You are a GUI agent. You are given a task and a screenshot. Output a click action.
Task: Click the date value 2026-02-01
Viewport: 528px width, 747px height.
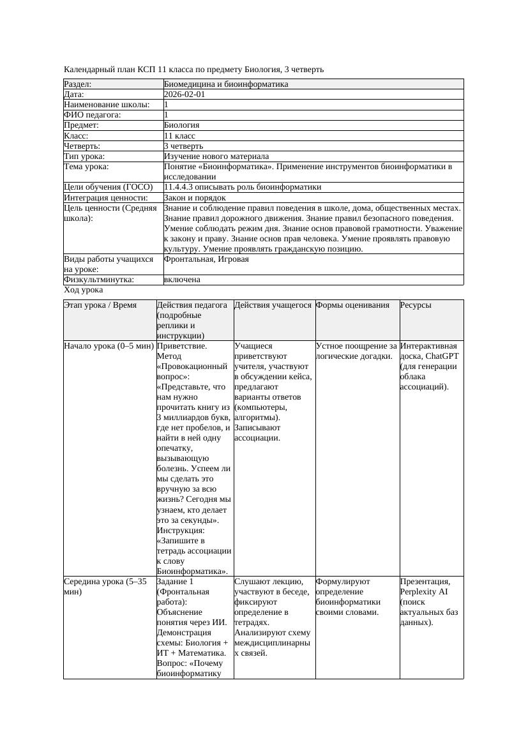(x=185, y=94)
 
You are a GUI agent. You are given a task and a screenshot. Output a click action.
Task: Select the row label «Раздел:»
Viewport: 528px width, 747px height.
(x=78, y=84)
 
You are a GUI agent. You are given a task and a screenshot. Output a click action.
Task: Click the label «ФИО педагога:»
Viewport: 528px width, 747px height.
(x=93, y=115)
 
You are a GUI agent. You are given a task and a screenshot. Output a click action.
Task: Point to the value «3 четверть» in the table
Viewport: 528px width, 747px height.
(x=183, y=146)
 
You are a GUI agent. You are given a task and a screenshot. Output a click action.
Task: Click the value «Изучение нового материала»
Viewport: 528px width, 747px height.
(x=216, y=156)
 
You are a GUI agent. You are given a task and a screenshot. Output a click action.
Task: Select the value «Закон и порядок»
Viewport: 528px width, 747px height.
(x=195, y=198)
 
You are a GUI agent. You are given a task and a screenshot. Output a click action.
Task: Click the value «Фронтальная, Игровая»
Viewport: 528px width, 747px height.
(x=206, y=259)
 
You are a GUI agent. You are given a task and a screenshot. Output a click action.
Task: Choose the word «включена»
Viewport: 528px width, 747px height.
(x=182, y=280)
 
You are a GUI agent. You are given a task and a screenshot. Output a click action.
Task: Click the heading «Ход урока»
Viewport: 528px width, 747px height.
(x=83, y=290)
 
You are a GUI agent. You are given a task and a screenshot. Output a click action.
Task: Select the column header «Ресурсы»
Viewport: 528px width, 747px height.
(x=416, y=305)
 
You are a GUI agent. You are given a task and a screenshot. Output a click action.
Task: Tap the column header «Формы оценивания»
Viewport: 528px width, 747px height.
(x=352, y=305)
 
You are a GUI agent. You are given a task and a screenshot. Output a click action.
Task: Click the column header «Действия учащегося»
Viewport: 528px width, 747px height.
(x=273, y=305)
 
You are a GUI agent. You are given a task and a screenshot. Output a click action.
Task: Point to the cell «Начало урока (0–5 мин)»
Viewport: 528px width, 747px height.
(x=109, y=346)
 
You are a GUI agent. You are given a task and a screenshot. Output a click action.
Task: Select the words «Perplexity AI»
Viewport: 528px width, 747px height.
(x=425, y=592)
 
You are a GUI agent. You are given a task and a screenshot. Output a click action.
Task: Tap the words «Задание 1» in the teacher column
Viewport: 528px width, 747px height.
(x=175, y=582)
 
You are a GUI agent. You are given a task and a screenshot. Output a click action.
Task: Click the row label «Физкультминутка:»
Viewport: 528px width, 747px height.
(x=99, y=280)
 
